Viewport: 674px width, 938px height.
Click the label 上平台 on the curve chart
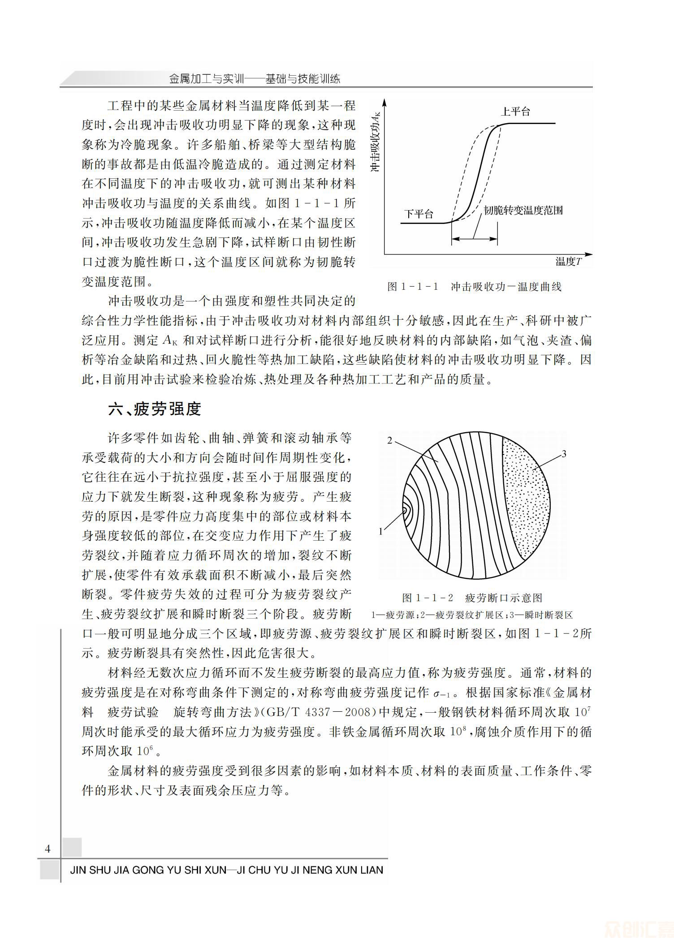pyautogui.click(x=515, y=112)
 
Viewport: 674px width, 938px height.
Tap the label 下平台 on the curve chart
pyautogui.click(x=419, y=214)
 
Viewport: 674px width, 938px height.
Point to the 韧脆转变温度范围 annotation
pyautogui.click(x=523, y=210)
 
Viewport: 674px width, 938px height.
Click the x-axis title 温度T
pyautogui.click(x=568, y=262)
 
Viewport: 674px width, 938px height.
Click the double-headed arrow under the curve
pyautogui.click(x=475, y=238)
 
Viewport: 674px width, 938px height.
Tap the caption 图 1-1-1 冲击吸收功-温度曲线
pyautogui.click(x=474, y=287)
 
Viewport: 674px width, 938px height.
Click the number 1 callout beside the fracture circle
pyautogui.click(x=381, y=532)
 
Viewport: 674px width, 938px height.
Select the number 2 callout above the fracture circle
pyautogui.click(x=390, y=440)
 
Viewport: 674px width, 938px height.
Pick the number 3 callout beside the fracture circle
pyautogui.click(x=564, y=454)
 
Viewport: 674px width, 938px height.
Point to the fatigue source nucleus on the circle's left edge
pyautogui.click(x=405, y=510)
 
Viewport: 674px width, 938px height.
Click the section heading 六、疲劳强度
pyautogui.click(x=155, y=409)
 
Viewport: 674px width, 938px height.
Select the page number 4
pyautogui.click(x=48, y=849)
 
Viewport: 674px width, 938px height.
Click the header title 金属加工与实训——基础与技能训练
pyautogui.click(x=255, y=79)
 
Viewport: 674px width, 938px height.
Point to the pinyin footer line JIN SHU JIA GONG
pyautogui.click(x=226, y=870)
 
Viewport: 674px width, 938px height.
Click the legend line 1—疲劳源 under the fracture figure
pyautogui.click(x=393, y=615)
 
